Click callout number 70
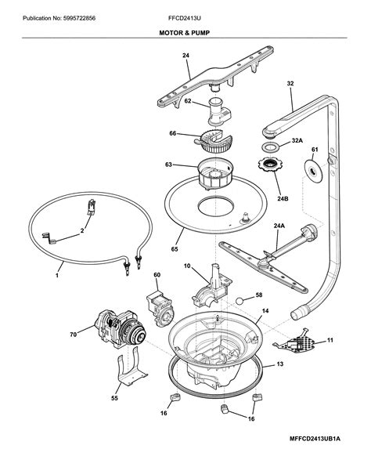click(x=73, y=335)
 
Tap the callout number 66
click(x=172, y=134)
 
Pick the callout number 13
click(x=279, y=365)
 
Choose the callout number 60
click(x=157, y=275)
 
